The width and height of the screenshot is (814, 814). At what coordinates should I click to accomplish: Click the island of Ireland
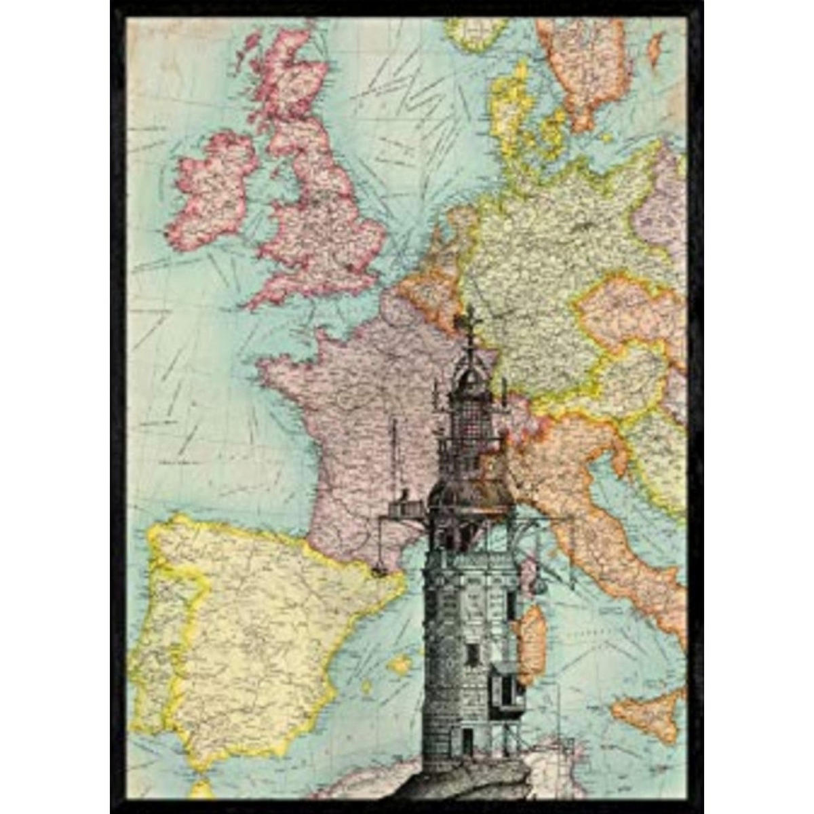point(210,190)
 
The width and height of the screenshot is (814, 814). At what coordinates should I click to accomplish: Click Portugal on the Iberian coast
point(159,631)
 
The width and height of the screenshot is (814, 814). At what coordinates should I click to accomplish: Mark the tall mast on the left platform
point(393,461)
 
